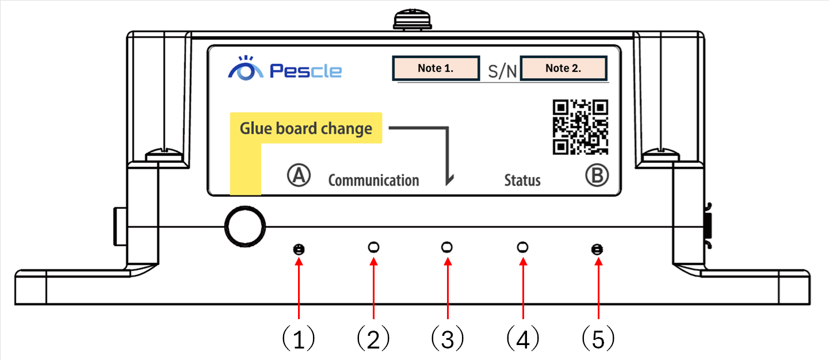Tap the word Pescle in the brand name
coord(305,71)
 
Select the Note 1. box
coord(435,68)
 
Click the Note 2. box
coord(563,68)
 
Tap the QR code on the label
coord(580,127)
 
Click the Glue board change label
coord(305,128)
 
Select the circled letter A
coord(299,176)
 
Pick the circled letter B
coord(597,176)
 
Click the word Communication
coord(373,181)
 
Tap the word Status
coord(522,181)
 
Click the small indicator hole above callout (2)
coord(373,248)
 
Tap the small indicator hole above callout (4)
coord(522,248)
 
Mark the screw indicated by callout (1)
coord(299,250)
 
